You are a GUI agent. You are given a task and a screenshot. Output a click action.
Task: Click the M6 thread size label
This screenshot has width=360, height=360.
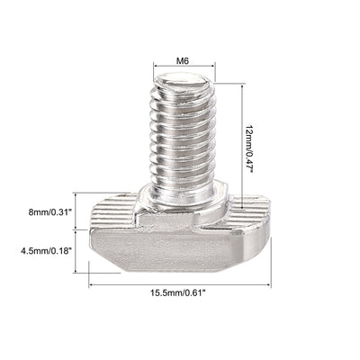click(184, 59)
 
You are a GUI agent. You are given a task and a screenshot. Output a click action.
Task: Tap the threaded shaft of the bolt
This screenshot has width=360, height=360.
click(184, 135)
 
